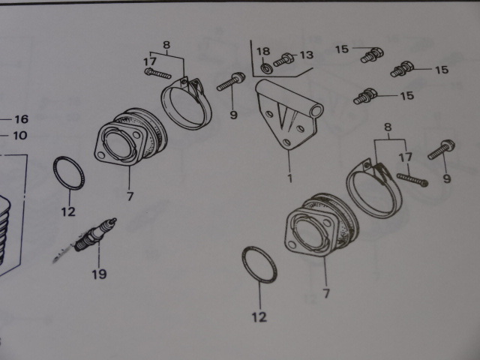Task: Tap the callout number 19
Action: (x=100, y=274)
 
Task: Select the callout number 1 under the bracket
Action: (x=289, y=178)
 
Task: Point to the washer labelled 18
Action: (x=267, y=68)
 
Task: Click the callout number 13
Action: (x=307, y=55)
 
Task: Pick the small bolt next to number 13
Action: (x=283, y=59)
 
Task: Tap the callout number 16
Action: (x=22, y=119)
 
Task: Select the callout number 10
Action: (x=20, y=135)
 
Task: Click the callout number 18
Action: (x=263, y=51)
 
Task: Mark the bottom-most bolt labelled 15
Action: (x=365, y=96)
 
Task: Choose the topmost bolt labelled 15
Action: (x=372, y=55)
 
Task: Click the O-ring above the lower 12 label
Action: (x=259, y=264)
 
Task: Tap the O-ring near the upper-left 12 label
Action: (x=68, y=173)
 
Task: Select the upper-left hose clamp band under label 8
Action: (x=186, y=103)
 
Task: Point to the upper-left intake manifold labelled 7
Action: (x=131, y=136)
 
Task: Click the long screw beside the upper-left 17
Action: (x=157, y=73)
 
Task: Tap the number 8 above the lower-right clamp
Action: (x=388, y=127)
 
